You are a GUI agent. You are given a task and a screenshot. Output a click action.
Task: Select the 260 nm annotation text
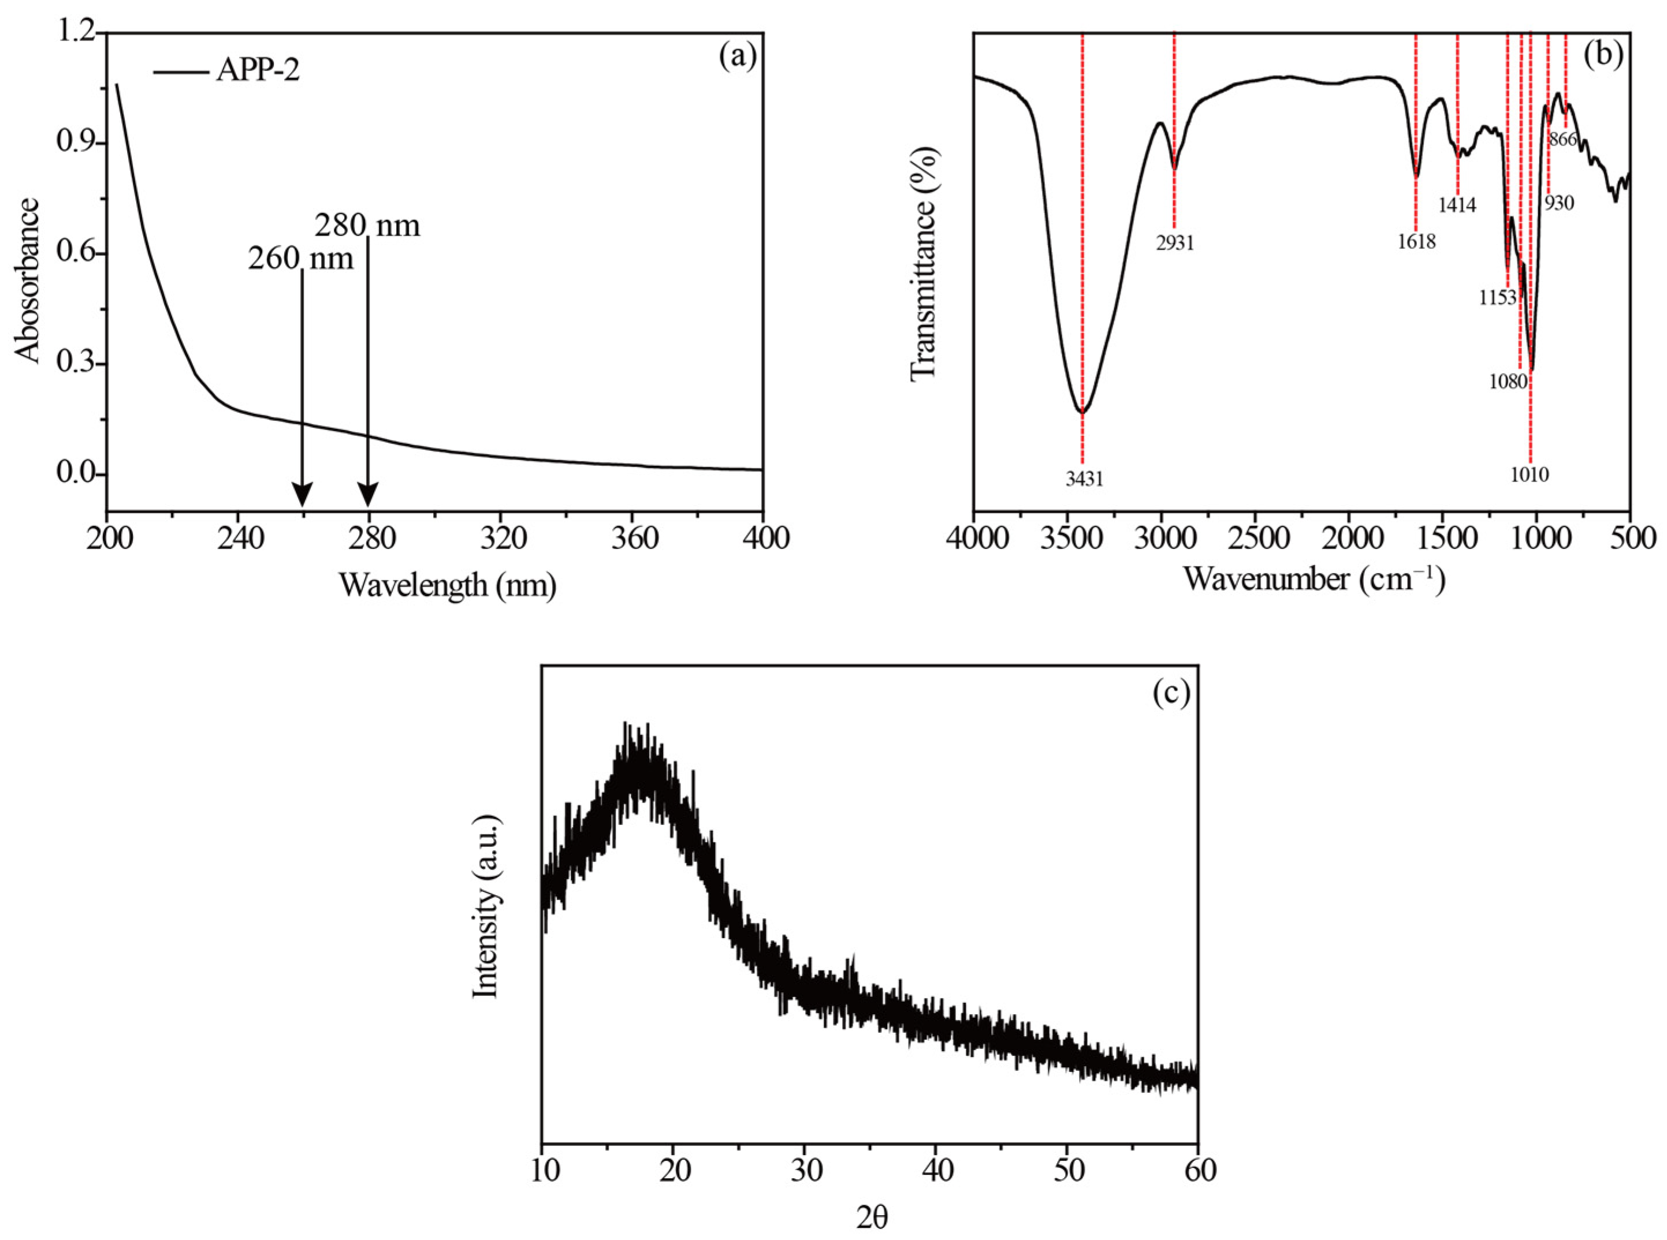click(300, 259)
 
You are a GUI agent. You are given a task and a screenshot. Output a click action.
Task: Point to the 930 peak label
click(1559, 203)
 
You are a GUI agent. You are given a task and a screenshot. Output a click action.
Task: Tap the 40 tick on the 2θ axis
click(935, 1170)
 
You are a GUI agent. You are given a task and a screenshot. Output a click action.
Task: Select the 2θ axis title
click(871, 1219)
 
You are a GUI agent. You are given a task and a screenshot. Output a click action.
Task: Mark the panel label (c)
click(1171, 694)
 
